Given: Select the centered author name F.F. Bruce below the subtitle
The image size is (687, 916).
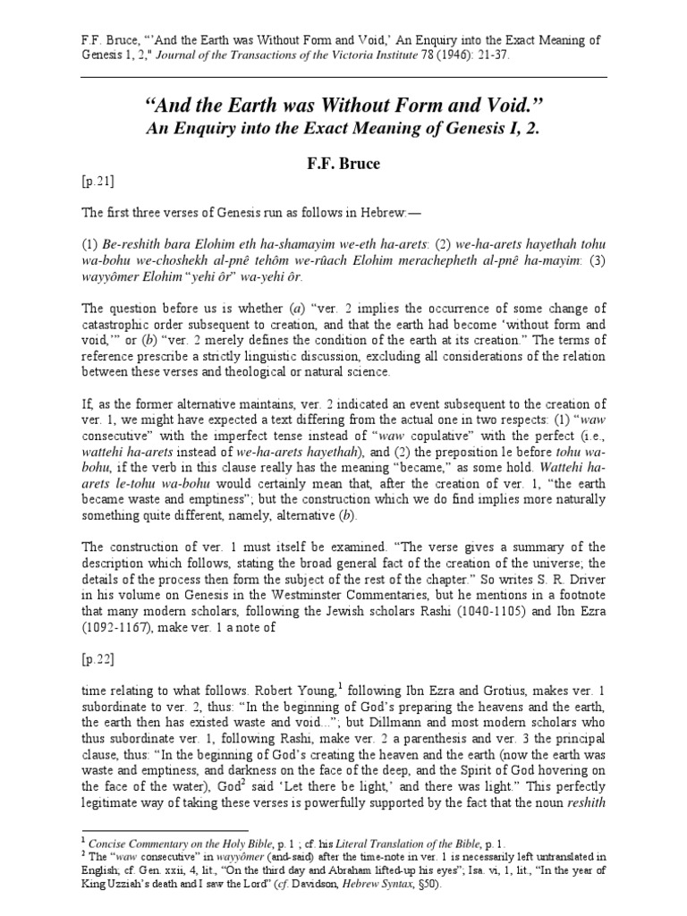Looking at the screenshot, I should (x=343, y=165).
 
